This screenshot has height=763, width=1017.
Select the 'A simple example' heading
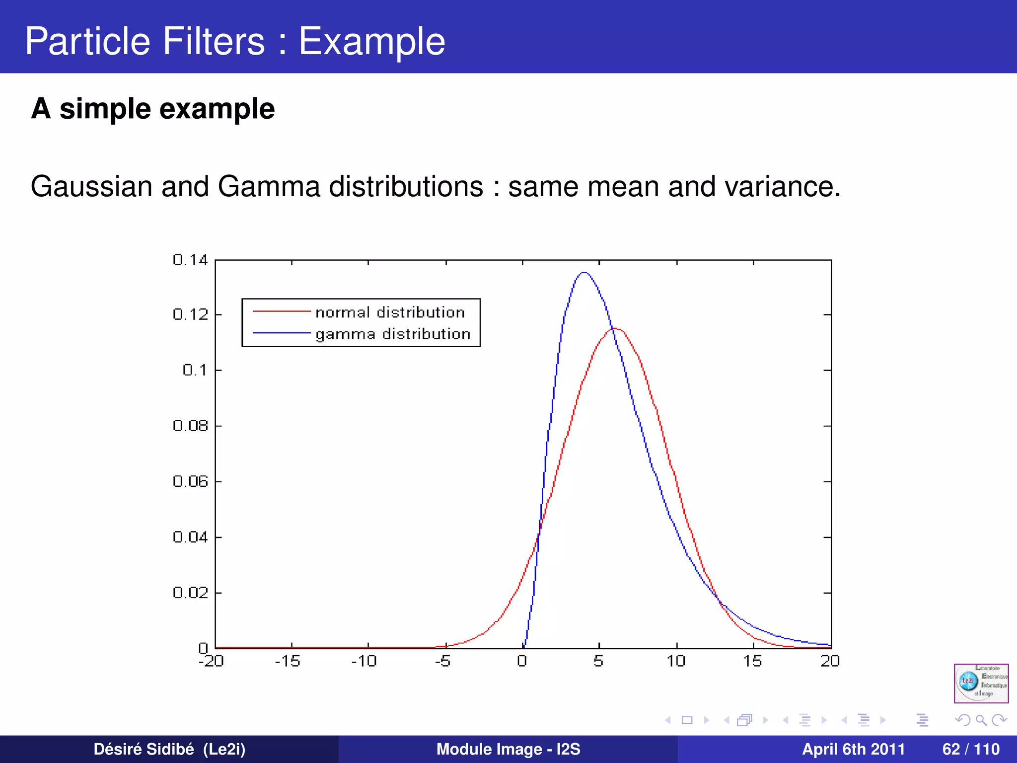152,109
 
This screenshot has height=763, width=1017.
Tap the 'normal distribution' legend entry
390,312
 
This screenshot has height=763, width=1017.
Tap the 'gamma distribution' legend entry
393,334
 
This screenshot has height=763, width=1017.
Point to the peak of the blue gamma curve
584,273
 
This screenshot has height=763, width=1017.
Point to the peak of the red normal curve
615,328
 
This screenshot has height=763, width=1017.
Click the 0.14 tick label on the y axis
190,260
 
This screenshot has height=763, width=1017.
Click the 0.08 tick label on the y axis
190,426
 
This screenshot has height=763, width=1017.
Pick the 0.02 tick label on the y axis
190,593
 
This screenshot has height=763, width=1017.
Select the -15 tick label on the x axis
288,661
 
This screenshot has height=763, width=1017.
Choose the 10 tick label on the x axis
676,661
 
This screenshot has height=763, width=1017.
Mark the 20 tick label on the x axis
830,661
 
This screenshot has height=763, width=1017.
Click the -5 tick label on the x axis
442,661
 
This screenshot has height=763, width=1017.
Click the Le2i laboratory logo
981,683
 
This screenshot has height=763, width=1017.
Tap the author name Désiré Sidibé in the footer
144,749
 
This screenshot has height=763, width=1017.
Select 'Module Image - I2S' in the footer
508,749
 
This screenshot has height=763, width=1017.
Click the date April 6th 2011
853,749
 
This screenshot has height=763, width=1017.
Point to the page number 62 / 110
971,749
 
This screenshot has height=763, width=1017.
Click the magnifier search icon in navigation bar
981,720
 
